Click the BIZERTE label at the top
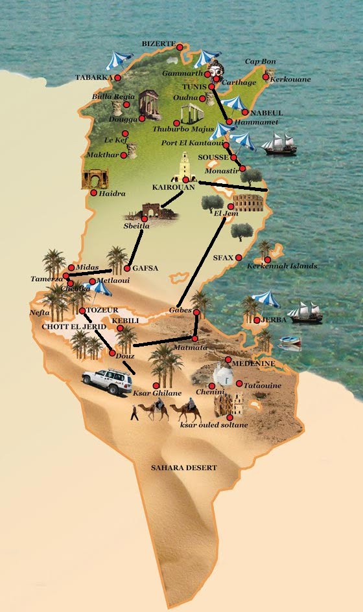tap(159, 43)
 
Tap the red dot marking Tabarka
tap(119, 78)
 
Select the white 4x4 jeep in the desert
tap(107, 380)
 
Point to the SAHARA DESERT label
tap(183, 468)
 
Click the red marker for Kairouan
tap(186, 179)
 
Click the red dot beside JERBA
tap(257, 320)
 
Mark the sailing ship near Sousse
tap(279, 144)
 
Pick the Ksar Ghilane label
tap(153, 393)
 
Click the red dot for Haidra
tap(94, 192)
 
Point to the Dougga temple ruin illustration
tap(149, 105)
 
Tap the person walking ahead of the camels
tap(134, 413)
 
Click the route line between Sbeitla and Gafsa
tap(137, 247)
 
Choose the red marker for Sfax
tap(239, 257)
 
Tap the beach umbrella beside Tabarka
tap(119, 60)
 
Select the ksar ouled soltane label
tap(214, 425)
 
